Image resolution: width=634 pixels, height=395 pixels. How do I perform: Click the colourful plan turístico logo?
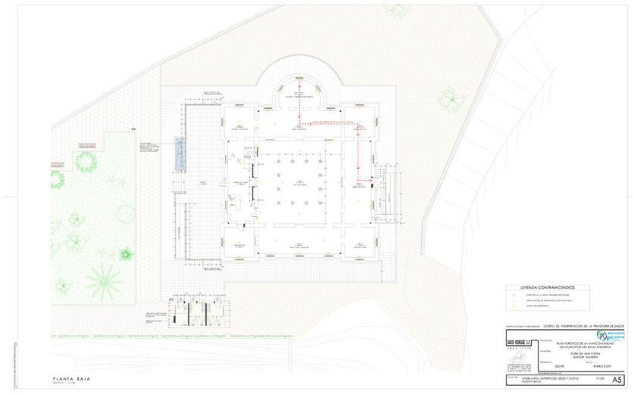[603, 334]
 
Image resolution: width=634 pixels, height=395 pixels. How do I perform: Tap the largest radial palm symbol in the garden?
[104, 281]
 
